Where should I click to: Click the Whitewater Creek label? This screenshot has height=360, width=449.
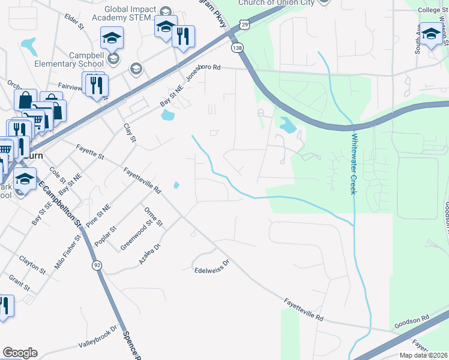point(354,163)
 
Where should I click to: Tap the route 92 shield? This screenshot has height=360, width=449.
point(96,265)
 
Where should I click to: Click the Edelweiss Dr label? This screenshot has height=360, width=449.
point(212,262)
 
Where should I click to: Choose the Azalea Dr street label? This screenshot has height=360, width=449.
point(149,254)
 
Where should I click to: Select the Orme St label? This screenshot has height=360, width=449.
point(154,216)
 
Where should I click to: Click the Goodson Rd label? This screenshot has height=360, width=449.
point(411,322)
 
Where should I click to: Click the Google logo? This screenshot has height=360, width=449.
point(19,353)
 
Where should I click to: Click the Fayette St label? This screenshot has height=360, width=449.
point(91,152)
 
